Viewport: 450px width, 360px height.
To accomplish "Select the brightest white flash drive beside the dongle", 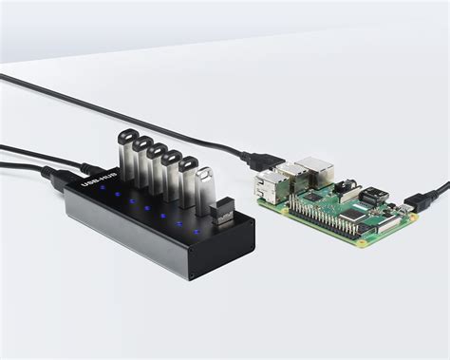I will pos(204,188).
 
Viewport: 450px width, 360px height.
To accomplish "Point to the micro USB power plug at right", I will pos(415,202).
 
